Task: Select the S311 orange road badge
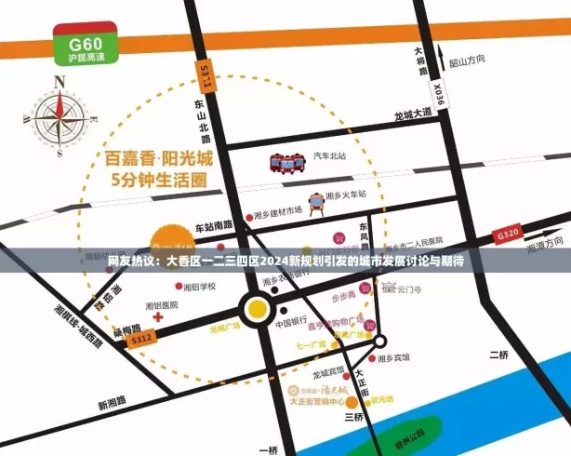205,75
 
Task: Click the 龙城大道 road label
413,113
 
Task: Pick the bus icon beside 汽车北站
288,163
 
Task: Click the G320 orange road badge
508,236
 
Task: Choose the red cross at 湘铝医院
159,317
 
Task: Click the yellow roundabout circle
258,308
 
